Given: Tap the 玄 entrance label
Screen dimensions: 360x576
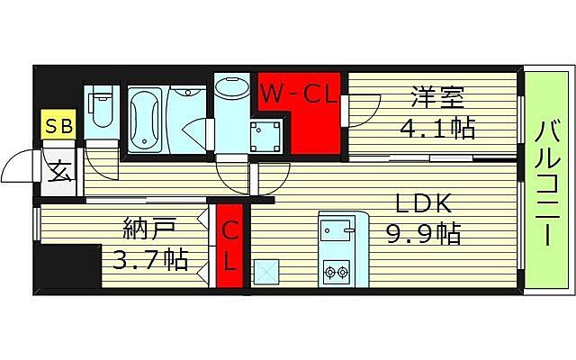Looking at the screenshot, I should point(59,168).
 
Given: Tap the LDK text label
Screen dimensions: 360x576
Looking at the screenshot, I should point(414,203).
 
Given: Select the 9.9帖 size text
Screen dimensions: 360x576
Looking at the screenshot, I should point(423,235).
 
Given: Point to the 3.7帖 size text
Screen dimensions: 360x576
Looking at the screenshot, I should point(150,261).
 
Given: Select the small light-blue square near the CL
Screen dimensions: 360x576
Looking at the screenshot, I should point(267,270).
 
